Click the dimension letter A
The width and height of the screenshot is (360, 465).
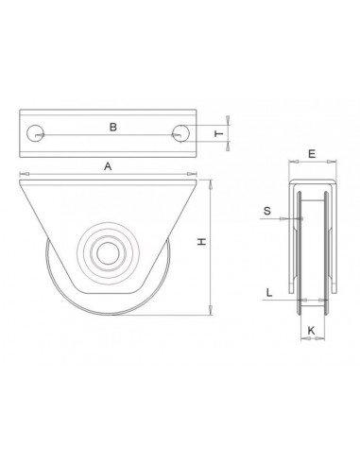[x=108, y=165]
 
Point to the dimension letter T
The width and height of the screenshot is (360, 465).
[x=219, y=134]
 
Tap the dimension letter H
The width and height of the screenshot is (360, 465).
[x=200, y=244]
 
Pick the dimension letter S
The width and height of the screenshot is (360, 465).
[x=267, y=212]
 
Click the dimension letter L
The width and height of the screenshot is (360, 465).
[x=270, y=293]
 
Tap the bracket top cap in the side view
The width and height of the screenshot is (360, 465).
[x=311, y=183]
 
